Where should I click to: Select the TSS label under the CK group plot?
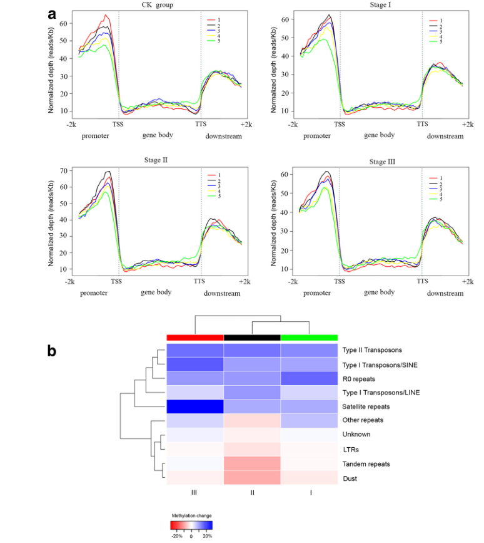point(118,125)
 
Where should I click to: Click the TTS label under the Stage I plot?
point(421,125)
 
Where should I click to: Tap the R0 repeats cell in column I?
point(309,378)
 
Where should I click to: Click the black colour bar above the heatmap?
point(252,338)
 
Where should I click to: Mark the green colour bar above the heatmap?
point(309,338)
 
